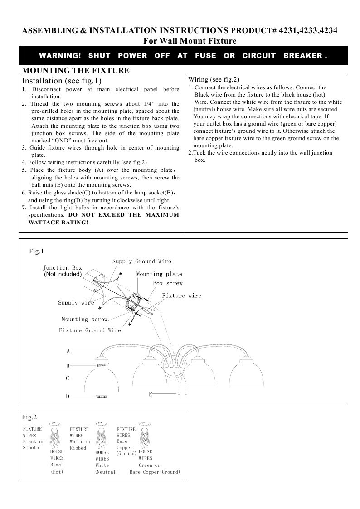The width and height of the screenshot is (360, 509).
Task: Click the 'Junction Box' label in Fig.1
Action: tap(63, 268)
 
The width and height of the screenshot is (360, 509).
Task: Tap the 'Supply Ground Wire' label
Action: tap(141, 262)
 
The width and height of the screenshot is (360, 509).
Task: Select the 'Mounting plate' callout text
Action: tap(159, 274)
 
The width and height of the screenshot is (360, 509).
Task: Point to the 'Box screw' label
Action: tap(167, 283)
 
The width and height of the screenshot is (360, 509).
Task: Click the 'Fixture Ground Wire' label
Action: tap(90, 330)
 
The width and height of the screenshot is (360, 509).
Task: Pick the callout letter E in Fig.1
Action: tap(150, 394)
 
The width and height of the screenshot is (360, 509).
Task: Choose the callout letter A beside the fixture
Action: tap(68, 351)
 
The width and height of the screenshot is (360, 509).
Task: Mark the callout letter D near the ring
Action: tap(68, 396)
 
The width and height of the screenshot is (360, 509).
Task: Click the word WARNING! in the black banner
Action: tap(60, 56)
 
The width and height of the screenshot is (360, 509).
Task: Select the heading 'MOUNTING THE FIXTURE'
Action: tap(76, 70)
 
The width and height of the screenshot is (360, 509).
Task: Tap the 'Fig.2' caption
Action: tap(29, 417)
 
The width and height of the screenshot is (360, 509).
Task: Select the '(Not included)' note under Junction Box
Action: tap(63, 274)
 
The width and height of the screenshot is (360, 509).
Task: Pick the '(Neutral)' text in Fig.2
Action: tap(106, 472)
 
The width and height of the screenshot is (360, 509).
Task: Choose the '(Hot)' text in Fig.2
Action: tap(57, 472)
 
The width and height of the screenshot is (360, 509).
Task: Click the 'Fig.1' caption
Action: tap(36, 251)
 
